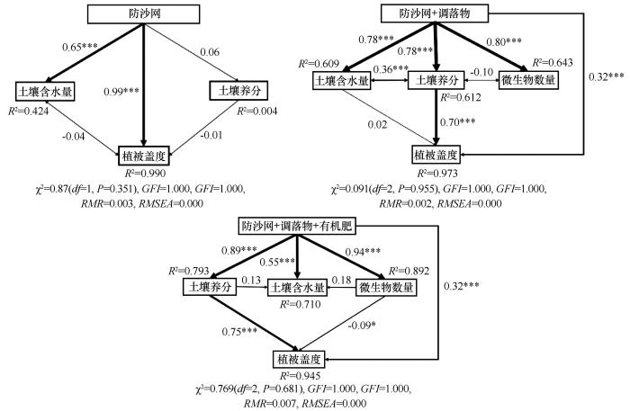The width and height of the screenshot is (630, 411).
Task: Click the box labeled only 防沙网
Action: point(143,14)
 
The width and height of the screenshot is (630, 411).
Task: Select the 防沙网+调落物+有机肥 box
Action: point(296,227)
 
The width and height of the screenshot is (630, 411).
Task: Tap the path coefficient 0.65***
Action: point(80,47)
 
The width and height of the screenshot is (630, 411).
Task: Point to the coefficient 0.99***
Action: point(121,92)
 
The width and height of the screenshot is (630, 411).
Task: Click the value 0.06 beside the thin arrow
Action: point(210,52)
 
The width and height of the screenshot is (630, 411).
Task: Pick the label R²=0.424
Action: point(29,111)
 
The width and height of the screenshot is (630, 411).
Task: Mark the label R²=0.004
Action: point(257,111)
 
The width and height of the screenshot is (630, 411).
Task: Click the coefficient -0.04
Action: point(74,136)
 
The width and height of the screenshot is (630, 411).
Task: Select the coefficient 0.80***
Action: point(504,41)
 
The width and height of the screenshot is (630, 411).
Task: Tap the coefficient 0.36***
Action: point(391,69)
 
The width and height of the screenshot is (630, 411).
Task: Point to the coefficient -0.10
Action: point(481,72)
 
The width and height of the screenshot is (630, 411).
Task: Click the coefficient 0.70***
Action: point(457,122)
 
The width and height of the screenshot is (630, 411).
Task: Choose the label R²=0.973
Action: point(437,173)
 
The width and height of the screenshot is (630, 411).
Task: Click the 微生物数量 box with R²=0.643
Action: point(528,80)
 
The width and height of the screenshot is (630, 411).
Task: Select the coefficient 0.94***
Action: point(364,252)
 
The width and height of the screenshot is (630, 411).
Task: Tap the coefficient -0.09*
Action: point(361,325)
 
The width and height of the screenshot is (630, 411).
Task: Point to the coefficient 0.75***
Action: point(240,332)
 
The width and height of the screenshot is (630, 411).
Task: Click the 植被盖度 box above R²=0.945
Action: point(299,359)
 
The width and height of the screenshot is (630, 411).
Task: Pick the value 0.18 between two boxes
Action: point(342,281)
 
